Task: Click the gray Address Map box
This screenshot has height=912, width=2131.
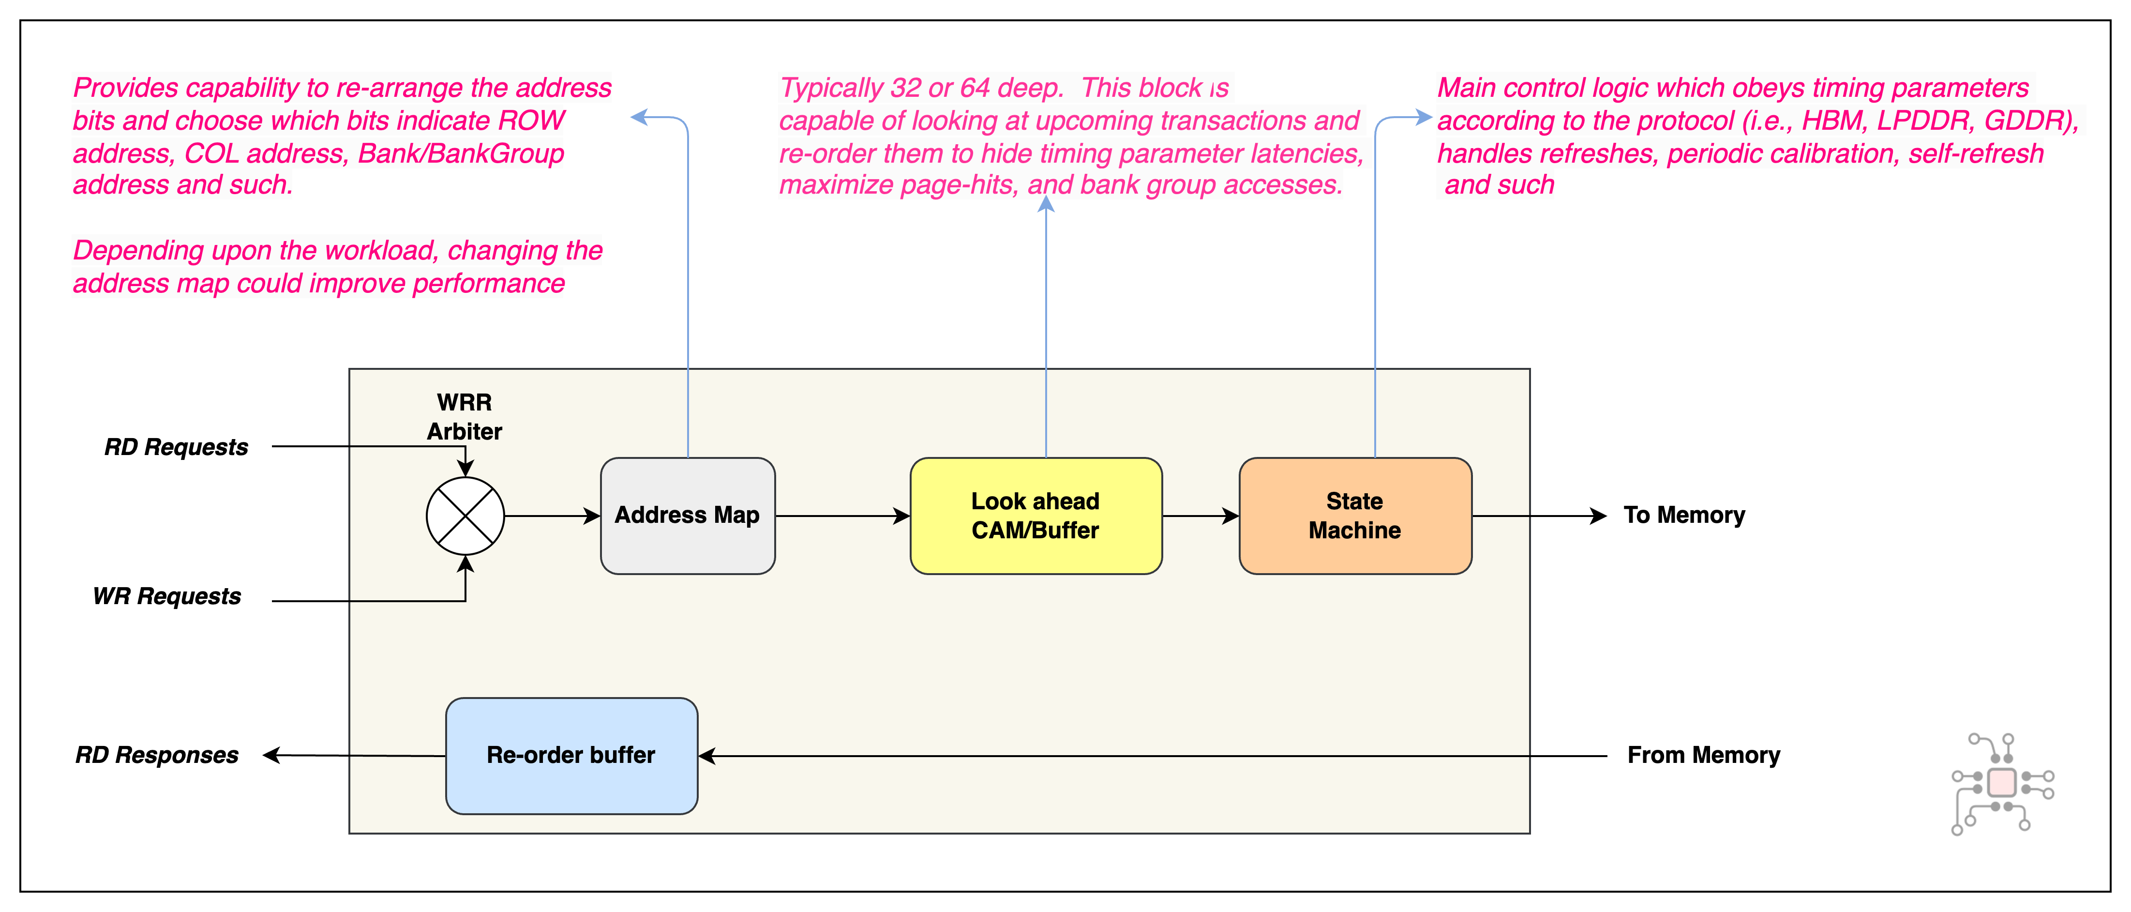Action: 688,516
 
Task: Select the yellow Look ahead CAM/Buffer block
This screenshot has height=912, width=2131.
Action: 1035,516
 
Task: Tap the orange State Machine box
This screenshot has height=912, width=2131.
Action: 1354,516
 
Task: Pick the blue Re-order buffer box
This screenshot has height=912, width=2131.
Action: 571,756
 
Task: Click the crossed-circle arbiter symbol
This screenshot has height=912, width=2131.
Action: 465,516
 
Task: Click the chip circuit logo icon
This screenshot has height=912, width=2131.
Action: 2002,783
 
